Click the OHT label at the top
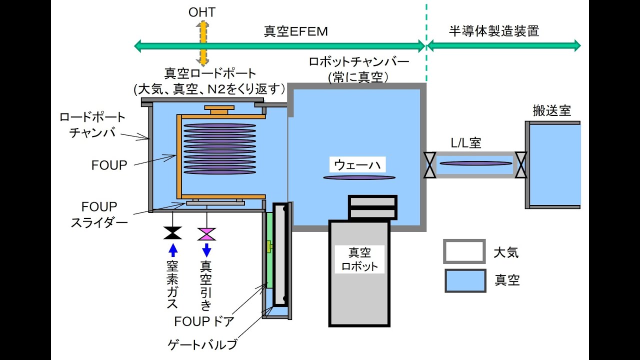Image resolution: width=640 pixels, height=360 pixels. coord(202,12)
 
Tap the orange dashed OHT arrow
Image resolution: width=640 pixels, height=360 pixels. coord(202,45)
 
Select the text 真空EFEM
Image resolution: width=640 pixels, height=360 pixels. coord(295,31)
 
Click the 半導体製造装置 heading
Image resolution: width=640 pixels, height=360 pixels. coord(494,31)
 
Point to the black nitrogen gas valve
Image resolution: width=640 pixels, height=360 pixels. coord(173,233)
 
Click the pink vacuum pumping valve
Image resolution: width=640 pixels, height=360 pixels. coord(206,233)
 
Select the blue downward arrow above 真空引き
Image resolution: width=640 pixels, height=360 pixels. coord(206,249)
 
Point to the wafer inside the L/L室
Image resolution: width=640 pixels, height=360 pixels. coord(475,163)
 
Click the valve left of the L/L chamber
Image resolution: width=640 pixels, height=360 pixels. coord(429,165)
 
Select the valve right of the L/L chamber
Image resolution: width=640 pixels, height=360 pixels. coord(521,165)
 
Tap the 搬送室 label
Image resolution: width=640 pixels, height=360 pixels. coord(551,110)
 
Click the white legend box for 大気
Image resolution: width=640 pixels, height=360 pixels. coord(464,251)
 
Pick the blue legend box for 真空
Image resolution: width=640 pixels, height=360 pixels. coord(464,280)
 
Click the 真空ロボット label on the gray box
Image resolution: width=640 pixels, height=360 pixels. coord(359,259)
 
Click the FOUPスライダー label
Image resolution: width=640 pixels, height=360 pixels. coord(100,214)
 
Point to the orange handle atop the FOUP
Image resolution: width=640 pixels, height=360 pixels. coord(218,109)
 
